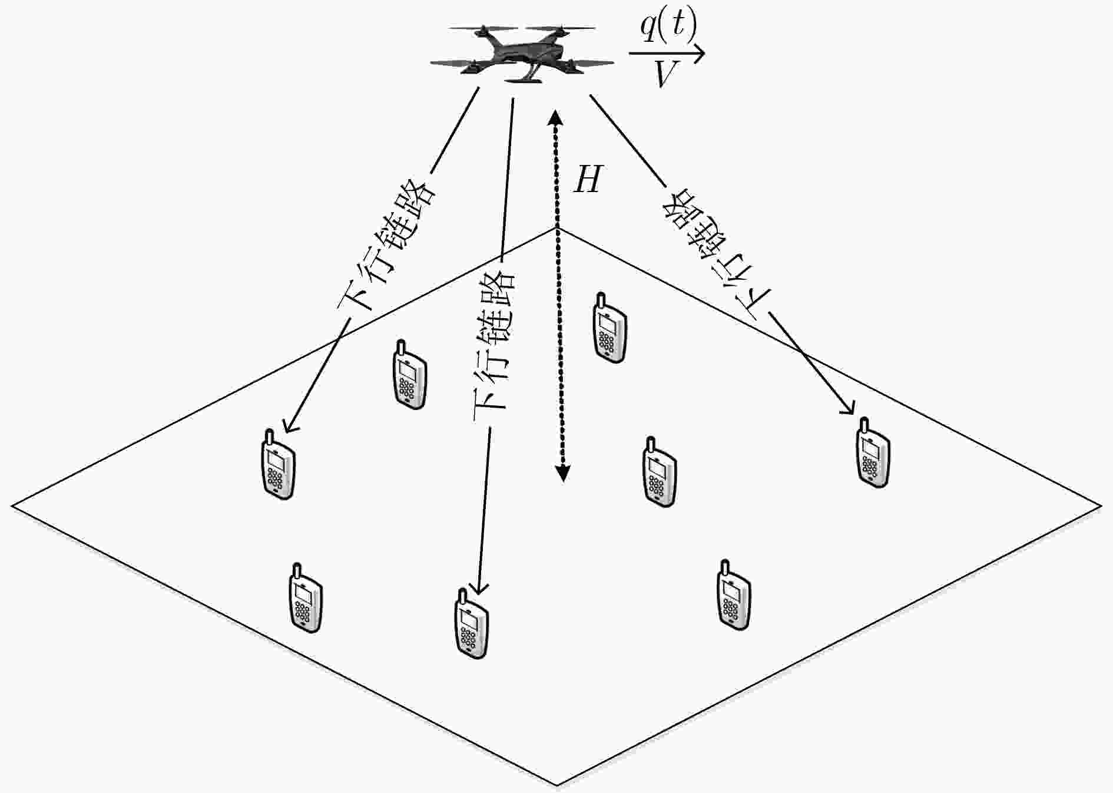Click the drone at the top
point(522,53)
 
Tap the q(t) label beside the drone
point(668,27)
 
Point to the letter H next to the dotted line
point(588,179)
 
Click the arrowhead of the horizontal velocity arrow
point(698,54)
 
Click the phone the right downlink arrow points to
point(872,452)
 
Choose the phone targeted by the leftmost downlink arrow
point(278,464)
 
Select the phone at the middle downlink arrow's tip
point(472,623)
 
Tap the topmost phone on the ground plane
point(609,328)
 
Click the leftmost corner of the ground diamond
point(13,505)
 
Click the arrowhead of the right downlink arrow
point(849,408)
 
